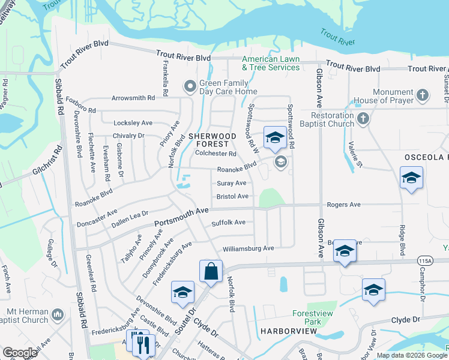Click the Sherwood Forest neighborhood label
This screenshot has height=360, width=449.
[208, 140]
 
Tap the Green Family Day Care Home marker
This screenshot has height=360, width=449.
[190, 87]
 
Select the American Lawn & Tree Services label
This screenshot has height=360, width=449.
[271, 63]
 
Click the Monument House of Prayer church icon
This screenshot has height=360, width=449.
[423, 94]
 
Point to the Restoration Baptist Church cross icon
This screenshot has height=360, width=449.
[363, 119]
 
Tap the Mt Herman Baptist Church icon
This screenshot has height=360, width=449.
[58, 314]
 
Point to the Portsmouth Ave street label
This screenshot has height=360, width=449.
[181, 217]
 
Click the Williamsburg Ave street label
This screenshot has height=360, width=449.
[248, 248]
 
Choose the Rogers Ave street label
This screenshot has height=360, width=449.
[343, 205]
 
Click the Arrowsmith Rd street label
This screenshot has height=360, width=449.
[133, 98]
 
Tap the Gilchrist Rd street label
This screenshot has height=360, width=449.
[47, 161]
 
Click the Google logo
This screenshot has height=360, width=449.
[20, 353]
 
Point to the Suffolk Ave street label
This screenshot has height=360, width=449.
[228, 223]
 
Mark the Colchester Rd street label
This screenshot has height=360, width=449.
[215, 154]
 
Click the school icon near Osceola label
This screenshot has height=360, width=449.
[411, 178]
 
